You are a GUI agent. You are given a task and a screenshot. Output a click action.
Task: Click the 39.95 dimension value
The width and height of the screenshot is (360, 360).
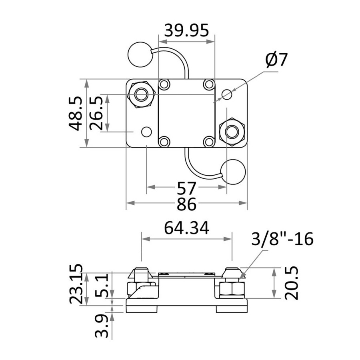coord(187,30)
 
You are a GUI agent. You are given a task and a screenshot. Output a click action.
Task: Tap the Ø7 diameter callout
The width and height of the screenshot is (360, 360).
coord(276,60)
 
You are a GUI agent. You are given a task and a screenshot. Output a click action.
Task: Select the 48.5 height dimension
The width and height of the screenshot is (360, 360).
coord(76,113)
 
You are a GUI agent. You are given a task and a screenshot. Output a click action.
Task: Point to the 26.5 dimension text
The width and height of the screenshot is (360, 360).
coord(96,113)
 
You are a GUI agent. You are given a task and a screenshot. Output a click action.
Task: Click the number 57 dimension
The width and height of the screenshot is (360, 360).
coord(186,188)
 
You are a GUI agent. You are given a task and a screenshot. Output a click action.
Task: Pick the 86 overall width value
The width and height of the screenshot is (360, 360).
coord(186,204)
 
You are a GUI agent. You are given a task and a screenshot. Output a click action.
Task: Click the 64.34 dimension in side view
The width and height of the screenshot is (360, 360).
coord(187,228)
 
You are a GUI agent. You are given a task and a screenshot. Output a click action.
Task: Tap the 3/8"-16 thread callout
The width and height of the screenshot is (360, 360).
coord(282,239)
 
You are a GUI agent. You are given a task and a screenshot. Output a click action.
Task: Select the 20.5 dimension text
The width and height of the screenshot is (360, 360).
coord(291,283)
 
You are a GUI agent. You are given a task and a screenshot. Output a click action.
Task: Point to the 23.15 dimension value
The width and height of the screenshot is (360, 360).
coord(76,284)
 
